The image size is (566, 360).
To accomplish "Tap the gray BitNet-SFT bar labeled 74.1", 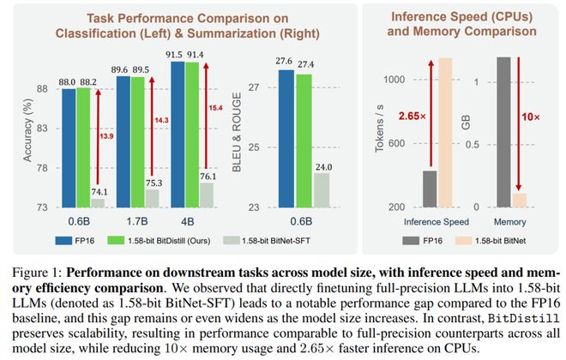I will tap(98, 203).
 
